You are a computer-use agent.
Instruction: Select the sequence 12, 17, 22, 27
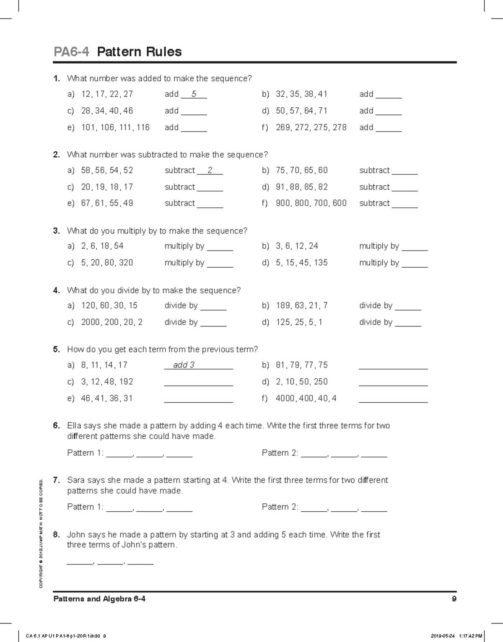pyautogui.click(x=107, y=94)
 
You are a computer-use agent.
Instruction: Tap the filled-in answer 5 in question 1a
pyautogui.click(x=194, y=94)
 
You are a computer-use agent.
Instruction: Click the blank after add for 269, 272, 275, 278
pyautogui.click(x=389, y=128)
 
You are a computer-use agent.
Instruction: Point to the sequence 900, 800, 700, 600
pyautogui.click(x=311, y=203)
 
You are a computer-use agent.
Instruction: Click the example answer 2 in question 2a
pyautogui.click(x=210, y=171)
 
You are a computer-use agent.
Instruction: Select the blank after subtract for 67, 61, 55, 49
pyautogui.click(x=210, y=204)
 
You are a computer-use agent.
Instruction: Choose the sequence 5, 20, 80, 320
pyautogui.click(x=107, y=263)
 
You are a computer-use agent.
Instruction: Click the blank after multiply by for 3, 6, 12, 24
pyautogui.click(x=415, y=247)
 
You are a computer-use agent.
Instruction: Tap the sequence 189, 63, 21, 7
pyautogui.click(x=302, y=305)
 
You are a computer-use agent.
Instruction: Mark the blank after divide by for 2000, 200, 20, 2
pyautogui.click(x=213, y=323)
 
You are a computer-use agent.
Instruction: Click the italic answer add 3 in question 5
pyautogui.click(x=184, y=365)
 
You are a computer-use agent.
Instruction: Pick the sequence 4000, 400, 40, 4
pyautogui.click(x=306, y=399)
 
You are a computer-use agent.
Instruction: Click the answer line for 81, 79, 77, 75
pyautogui.click(x=393, y=366)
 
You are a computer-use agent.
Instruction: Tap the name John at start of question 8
pyautogui.click(x=76, y=535)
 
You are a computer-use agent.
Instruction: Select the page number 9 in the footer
pyautogui.click(x=454, y=599)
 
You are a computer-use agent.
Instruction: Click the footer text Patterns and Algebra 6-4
pyautogui.click(x=99, y=599)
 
